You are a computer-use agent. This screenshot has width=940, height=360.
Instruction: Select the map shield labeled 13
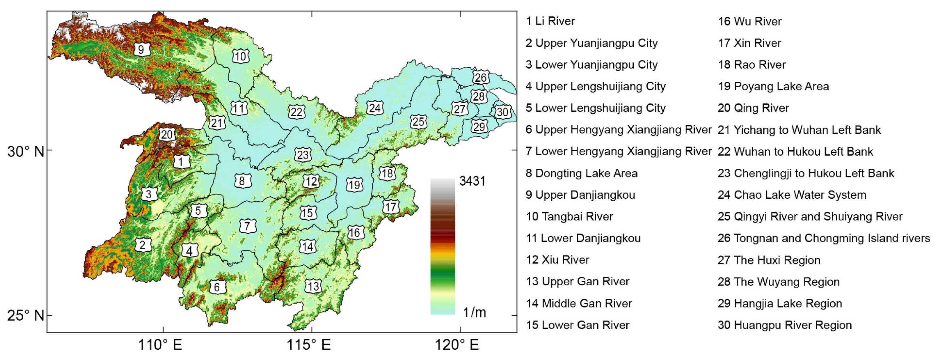tap(313, 286)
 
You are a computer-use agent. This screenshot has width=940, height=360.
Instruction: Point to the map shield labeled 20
tap(167, 134)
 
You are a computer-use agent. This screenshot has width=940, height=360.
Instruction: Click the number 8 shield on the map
tap(242, 181)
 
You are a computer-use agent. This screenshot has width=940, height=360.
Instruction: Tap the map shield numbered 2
tap(142, 245)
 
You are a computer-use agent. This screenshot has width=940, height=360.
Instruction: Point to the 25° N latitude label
tap(26, 315)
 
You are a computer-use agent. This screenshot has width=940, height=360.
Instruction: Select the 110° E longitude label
tap(160, 344)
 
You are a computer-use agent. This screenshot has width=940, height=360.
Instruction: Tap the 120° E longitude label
tap(456, 344)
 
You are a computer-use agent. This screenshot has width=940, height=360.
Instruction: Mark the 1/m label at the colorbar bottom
tap(474, 312)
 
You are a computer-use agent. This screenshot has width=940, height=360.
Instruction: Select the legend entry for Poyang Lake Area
tap(773, 86)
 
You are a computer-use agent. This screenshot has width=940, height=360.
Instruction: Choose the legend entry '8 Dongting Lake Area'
tap(581, 173)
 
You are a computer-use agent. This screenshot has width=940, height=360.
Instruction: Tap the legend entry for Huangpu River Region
tap(785, 325)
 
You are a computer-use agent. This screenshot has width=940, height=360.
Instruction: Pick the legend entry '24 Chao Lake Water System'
tap(792, 195)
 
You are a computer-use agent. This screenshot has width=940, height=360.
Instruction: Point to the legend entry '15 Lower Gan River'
tap(577, 325)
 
